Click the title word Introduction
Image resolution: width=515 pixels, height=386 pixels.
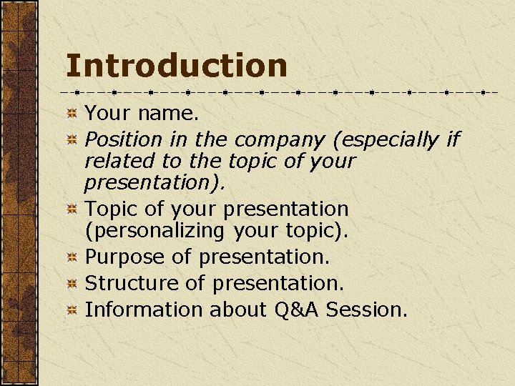pos(176,66)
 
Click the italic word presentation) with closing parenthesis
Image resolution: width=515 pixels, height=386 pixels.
pos(154,183)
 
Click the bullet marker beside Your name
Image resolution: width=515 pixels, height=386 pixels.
pos(72,114)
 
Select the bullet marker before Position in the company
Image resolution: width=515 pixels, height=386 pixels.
pos(72,140)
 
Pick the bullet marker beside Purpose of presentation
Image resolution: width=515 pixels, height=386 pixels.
pos(72,258)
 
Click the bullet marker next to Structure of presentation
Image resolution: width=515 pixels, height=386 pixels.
pos(72,284)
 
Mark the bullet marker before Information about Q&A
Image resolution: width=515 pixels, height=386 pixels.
pos(72,311)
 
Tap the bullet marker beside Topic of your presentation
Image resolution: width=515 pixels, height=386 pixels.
pos(72,210)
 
